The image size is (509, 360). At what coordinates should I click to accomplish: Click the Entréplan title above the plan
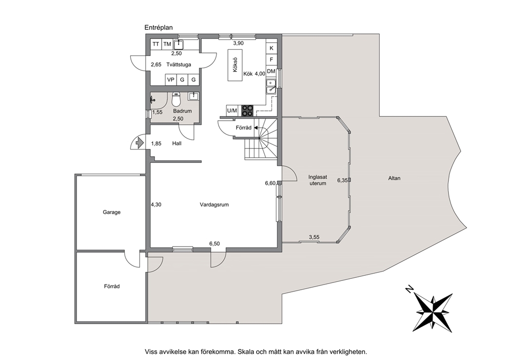159,28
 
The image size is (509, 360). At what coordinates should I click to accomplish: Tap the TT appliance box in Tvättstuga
156,44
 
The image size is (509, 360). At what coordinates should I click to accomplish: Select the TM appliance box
167,44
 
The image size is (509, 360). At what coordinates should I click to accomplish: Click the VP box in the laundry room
171,80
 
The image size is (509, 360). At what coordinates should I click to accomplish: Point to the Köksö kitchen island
236,65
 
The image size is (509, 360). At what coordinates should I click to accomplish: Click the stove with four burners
247,111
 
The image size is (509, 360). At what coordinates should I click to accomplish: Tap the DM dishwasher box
271,71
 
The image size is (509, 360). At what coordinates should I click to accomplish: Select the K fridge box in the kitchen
271,48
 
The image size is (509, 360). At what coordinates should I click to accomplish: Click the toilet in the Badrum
176,100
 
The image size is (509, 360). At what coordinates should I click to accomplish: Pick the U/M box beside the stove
232,111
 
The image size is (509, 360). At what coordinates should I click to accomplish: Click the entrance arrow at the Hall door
139,143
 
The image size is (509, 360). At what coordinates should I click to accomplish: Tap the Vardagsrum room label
214,205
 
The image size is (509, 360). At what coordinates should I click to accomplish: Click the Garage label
112,212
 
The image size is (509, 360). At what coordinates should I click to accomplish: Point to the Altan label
395,178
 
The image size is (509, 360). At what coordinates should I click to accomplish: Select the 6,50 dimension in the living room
214,244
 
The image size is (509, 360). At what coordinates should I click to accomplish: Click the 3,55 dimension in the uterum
314,237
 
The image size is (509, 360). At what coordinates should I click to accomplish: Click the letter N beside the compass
409,289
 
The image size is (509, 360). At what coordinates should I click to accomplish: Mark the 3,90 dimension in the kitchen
238,43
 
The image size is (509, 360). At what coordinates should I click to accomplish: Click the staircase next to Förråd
261,139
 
